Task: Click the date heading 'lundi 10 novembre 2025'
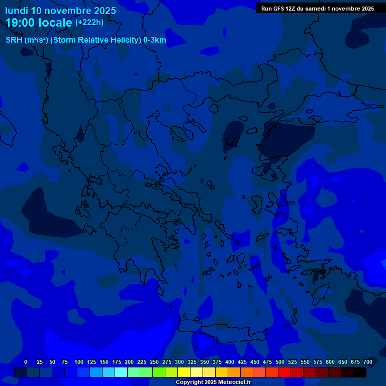[x=60, y=11]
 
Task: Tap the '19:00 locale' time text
[x=39, y=23]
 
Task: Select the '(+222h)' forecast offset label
[x=89, y=23]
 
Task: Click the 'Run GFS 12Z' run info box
[x=317, y=9]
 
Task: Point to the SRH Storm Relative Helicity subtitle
[x=86, y=40]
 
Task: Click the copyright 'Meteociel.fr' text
[x=213, y=382]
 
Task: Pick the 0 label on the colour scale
[x=26, y=362]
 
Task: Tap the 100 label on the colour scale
[x=79, y=362]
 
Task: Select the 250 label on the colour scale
[x=154, y=362]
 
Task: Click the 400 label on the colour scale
[x=230, y=362]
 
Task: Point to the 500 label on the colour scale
[x=280, y=362]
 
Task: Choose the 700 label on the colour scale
[x=368, y=362]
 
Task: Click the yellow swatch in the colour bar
[x=184, y=372]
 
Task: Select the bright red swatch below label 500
[x=284, y=372]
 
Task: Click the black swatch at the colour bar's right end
[x=360, y=372]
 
